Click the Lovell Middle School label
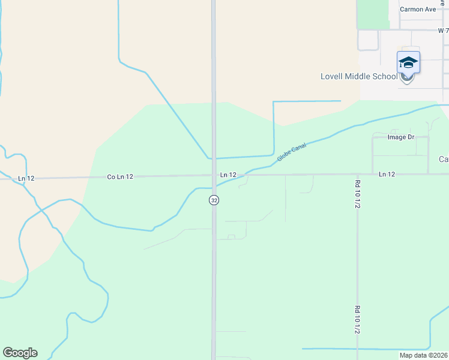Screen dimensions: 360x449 click(359, 76)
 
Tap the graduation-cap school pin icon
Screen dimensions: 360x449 click(408, 63)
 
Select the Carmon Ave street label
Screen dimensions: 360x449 click(418, 10)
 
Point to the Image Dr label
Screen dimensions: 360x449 click(401, 137)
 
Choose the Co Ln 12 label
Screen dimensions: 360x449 click(119, 177)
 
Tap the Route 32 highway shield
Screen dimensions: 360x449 click(214, 200)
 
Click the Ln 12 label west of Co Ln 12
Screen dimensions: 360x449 click(26, 178)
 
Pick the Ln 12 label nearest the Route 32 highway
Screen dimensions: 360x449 click(228, 175)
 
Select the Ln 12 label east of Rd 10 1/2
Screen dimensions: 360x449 click(387, 174)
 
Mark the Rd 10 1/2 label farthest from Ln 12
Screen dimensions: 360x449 click(357, 320)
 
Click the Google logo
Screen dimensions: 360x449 click(20, 353)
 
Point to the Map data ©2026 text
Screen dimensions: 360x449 click(423, 355)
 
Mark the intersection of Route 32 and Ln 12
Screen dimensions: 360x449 click(214, 175)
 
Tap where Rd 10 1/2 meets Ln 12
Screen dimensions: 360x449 click(357, 175)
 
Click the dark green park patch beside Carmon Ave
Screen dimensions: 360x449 click(373, 14)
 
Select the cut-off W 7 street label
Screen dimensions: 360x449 click(442, 30)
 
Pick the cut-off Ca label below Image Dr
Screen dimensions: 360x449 click(444, 159)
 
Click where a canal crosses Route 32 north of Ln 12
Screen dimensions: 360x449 click(214, 158)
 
